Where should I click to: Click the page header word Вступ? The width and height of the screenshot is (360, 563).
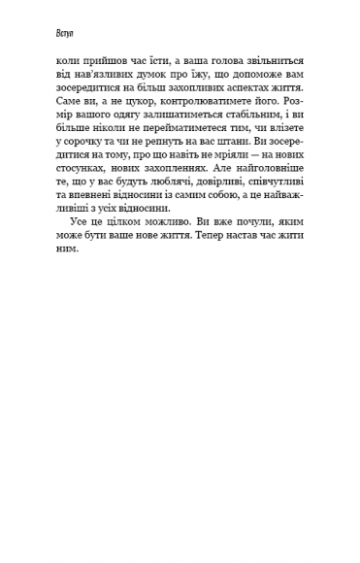click(x=42, y=31)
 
